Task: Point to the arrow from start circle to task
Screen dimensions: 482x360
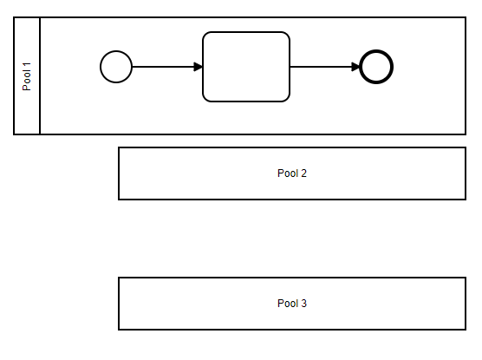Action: coord(167,67)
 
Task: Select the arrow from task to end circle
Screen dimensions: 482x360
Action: coord(325,67)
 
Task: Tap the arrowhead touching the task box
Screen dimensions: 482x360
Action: coord(199,67)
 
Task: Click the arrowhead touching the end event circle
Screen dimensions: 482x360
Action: coord(355,67)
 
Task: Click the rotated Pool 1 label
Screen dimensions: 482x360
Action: coord(27,76)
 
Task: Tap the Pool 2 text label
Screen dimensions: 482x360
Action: coord(292,173)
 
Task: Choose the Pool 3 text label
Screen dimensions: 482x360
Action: coord(292,304)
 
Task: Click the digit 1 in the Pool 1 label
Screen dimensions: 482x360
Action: coord(27,64)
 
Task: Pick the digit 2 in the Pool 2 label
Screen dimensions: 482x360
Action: coord(303,173)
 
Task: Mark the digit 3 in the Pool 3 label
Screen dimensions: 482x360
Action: coord(303,304)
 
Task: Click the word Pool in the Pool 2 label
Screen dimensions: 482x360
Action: coord(288,173)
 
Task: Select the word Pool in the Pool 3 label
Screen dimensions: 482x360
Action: coord(288,304)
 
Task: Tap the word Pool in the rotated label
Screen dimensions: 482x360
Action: coord(27,81)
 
